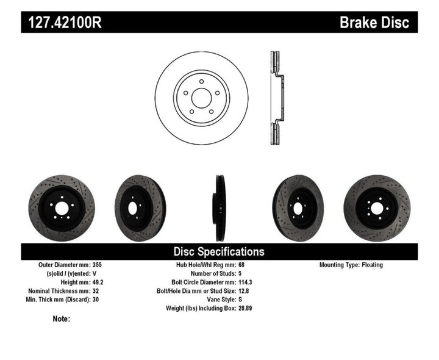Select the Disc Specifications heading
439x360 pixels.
pyautogui.click(x=219, y=251)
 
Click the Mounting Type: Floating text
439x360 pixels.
pyautogui.click(x=355, y=265)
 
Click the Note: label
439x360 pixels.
pyautogui.click(x=62, y=319)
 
